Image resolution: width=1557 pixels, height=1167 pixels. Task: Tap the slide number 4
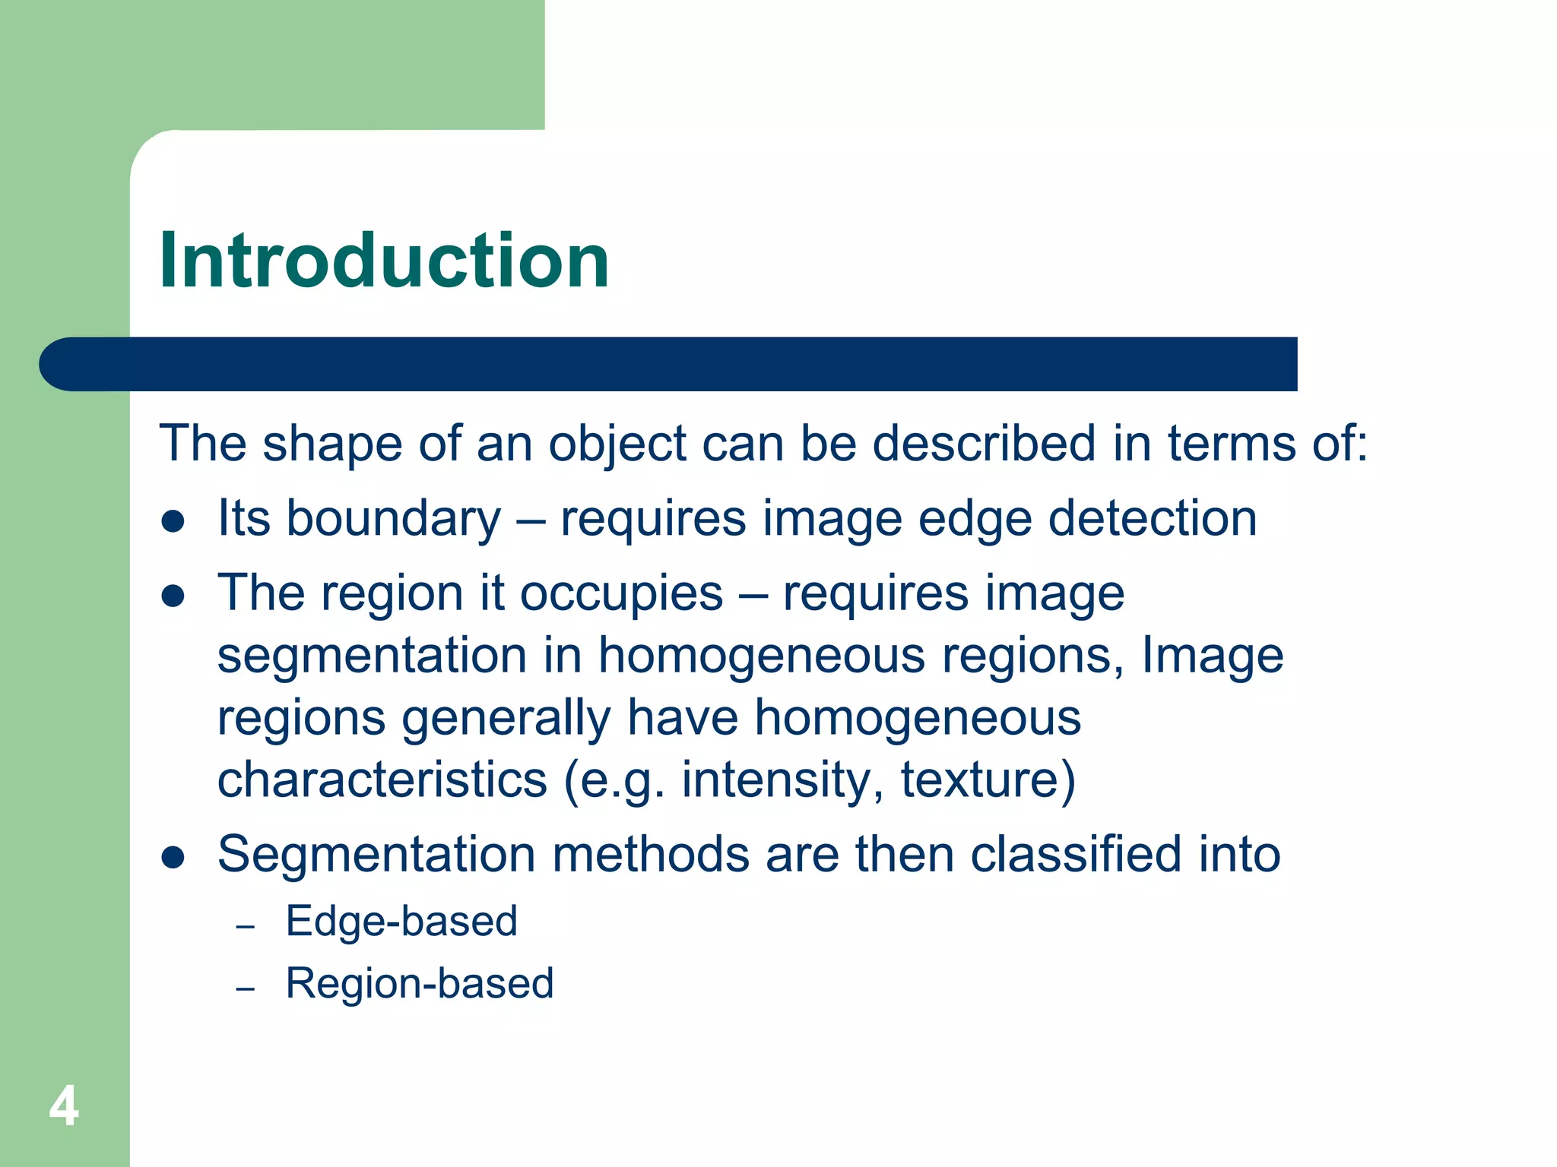64,1106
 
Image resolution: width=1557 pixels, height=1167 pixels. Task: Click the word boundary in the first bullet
393,520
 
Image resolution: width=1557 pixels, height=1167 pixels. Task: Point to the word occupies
621,595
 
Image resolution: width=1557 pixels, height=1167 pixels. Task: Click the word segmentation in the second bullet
372,656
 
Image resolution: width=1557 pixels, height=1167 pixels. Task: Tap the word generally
506,719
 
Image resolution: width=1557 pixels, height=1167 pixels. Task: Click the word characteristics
382,780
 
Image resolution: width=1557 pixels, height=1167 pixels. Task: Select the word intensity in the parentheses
783,780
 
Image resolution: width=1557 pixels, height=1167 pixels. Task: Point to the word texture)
988,780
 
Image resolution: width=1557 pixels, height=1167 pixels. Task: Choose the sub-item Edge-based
401,922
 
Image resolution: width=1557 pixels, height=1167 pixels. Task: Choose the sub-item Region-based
420,984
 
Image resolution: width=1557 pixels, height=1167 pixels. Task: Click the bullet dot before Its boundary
173,522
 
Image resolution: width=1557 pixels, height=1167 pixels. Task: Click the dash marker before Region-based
245,988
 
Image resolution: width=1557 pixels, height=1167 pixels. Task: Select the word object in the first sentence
617,445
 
